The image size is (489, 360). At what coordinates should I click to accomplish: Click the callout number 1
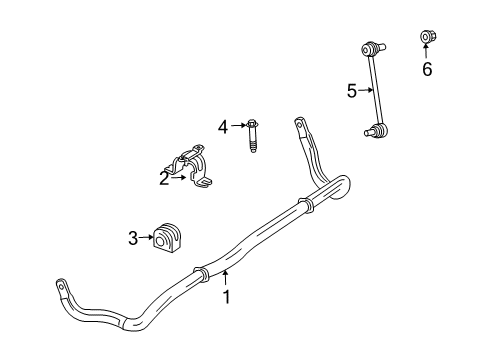pos(226,296)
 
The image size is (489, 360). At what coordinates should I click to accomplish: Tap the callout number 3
pos(133,237)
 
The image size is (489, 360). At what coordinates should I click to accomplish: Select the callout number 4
pos(223,126)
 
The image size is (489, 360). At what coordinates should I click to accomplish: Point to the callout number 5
pos(352,90)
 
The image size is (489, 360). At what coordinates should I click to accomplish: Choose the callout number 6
pos(427,69)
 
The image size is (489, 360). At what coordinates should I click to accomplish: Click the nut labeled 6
pos(426,39)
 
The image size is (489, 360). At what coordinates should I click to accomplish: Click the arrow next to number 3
pos(146,237)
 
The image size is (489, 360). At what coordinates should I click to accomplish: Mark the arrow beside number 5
pos(365,90)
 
